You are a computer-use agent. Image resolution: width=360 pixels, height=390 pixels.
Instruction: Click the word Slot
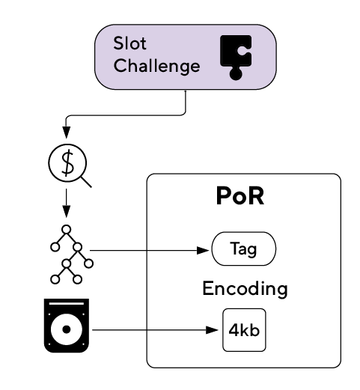[x=129, y=43]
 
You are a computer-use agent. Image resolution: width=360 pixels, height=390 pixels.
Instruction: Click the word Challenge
[x=156, y=66]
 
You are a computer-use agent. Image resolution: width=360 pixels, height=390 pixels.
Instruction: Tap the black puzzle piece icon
[x=236, y=57]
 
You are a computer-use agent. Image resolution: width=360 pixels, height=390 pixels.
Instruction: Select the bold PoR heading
[x=240, y=196]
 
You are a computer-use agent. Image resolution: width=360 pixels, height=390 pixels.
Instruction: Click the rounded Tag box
[x=244, y=249]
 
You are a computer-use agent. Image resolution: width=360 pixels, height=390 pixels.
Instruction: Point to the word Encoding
[x=245, y=289]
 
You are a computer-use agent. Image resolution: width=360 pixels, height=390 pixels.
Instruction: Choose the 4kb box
[x=244, y=330]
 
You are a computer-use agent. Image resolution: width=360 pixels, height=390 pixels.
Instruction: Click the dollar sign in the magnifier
[x=67, y=163]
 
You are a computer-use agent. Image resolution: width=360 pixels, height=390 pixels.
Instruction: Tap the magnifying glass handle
[x=86, y=182]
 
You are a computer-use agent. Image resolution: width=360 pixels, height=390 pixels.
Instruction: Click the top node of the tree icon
[x=66, y=229]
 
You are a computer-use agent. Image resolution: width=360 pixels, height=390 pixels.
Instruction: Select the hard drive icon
[x=67, y=326]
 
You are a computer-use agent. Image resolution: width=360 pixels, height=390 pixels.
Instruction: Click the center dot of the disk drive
[x=67, y=329]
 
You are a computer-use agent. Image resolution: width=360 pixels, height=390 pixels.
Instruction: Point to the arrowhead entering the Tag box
[x=203, y=250]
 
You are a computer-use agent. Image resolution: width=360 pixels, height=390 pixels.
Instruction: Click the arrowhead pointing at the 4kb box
[x=212, y=330]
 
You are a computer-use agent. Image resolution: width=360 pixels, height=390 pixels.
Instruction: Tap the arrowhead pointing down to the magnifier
[x=66, y=132]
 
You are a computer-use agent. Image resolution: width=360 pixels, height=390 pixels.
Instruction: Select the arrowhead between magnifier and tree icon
[x=66, y=212]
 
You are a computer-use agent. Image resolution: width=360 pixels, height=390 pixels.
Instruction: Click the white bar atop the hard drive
[x=67, y=303]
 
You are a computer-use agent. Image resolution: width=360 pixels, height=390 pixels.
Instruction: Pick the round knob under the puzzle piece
[x=236, y=74]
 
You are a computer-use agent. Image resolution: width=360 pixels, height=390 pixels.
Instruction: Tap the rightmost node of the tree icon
[x=88, y=263]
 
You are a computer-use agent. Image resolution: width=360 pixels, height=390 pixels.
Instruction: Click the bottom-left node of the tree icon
[x=55, y=279]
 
